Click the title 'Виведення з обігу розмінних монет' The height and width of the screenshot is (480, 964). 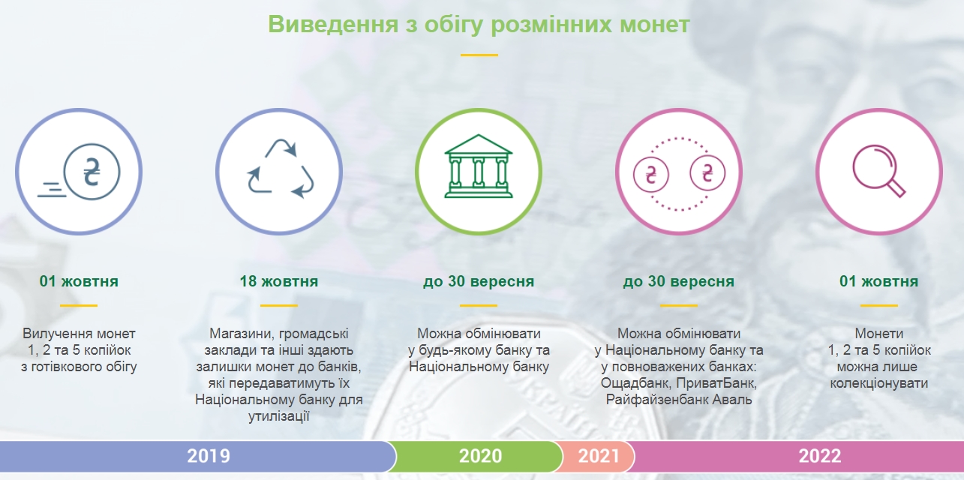[479, 24]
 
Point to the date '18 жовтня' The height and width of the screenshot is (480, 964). [279, 282]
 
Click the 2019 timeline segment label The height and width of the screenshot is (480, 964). [209, 455]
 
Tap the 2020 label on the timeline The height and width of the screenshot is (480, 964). [480, 455]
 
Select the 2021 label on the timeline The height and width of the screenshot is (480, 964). [599, 455]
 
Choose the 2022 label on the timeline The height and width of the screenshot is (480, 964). [820, 455]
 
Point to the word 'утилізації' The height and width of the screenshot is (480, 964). [279, 416]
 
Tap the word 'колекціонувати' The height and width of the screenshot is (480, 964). [879, 383]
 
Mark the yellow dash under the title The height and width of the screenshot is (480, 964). [479, 55]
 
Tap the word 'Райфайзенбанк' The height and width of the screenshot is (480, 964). [654, 400]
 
